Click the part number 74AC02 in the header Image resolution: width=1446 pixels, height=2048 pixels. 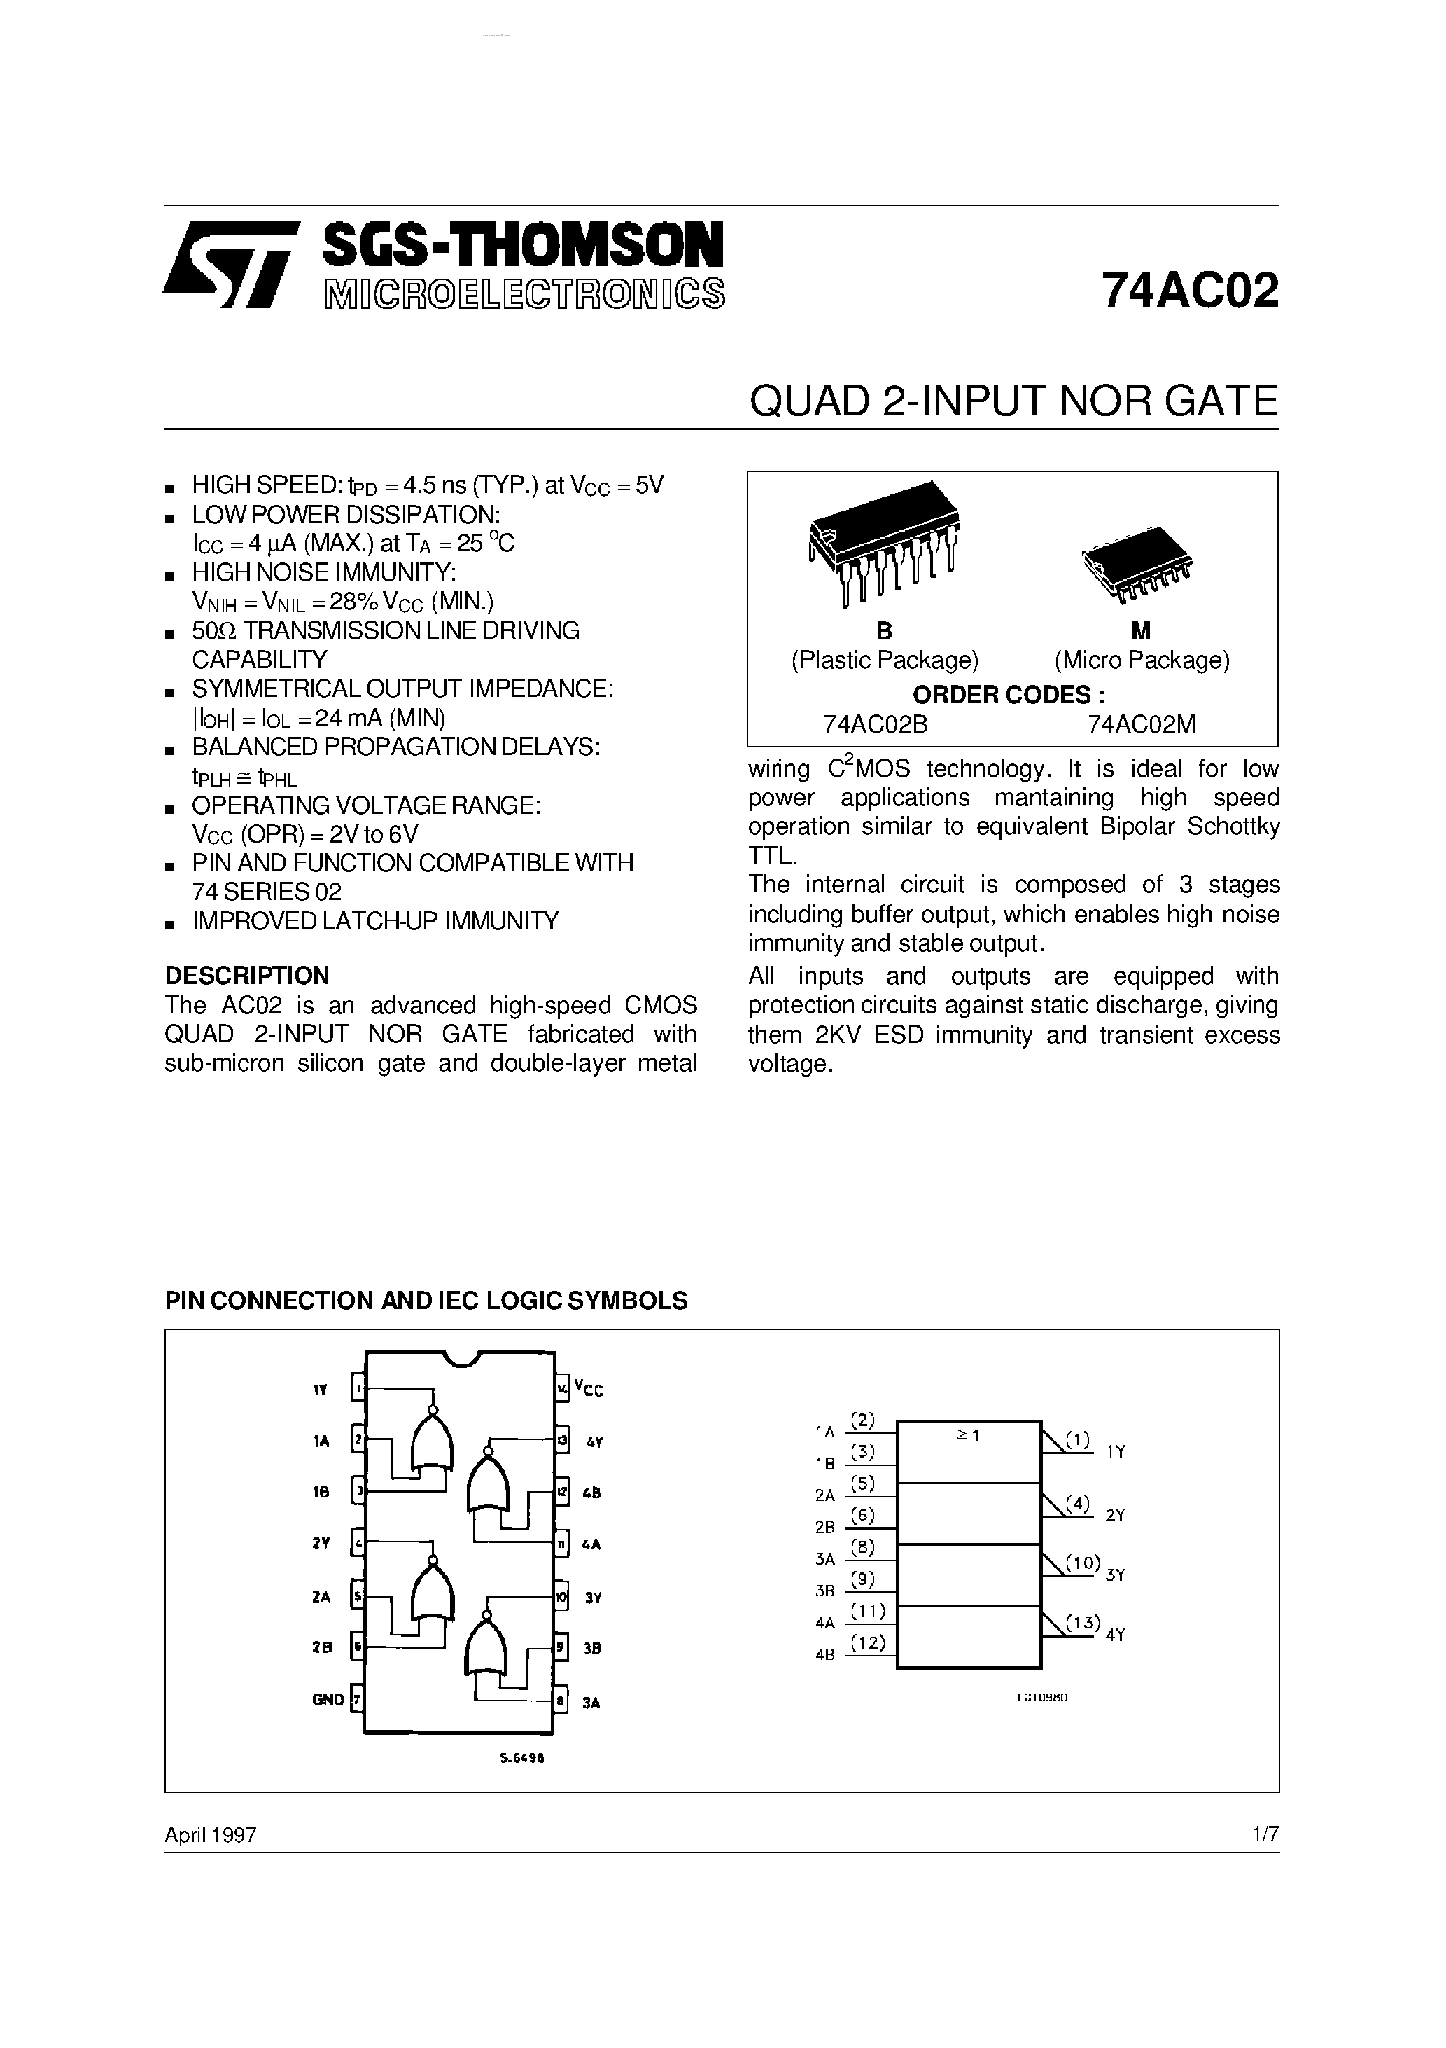pos(1189,290)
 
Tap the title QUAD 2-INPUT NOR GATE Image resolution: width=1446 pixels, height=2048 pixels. pos(1013,401)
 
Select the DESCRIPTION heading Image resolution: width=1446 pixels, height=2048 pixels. pos(247,975)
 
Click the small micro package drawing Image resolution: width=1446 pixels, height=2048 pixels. pos(1137,562)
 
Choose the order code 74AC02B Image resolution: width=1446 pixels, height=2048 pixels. pos(876,724)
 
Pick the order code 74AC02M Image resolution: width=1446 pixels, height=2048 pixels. pos(1141,724)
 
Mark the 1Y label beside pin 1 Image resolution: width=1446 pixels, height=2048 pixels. pos(321,1390)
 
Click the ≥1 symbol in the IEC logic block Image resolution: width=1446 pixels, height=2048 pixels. pos(967,1436)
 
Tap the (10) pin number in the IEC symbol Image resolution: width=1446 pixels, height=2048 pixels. pos(1083,1563)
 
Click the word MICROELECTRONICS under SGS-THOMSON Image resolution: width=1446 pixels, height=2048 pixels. pos(524,294)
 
